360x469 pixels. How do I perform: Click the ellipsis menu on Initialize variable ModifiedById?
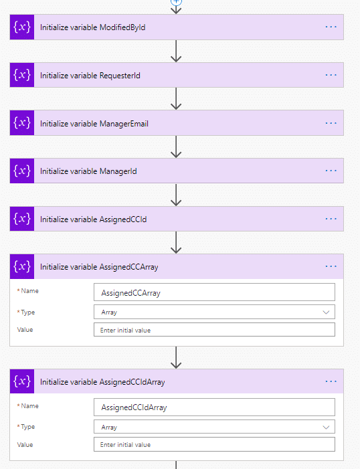pos(331,27)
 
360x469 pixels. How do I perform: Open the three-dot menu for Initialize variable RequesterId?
pos(331,75)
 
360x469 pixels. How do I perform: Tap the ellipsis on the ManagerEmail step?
pos(331,123)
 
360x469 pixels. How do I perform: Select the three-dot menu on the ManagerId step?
pos(331,171)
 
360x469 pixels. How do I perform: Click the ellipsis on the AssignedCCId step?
pos(331,219)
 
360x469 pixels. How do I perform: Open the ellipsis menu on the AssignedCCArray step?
pos(331,266)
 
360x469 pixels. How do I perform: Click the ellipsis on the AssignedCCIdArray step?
pos(331,381)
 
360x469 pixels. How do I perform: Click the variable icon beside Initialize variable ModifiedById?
pos(22,27)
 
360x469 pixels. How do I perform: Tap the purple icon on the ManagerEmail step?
pos(22,123)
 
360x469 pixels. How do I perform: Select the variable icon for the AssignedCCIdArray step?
pos(22,381)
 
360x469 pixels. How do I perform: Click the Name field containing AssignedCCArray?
pos(214,292)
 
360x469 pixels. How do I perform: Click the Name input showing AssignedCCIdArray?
pos(214,407)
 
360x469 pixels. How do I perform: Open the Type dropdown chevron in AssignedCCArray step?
pos(326,312)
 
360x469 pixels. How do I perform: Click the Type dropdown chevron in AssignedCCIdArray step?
pos(326,427)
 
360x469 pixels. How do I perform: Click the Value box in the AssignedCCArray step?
pos(214,330)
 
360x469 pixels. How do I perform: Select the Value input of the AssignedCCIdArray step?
pos(214,444)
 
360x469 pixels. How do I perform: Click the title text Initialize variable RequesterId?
pos(90,76)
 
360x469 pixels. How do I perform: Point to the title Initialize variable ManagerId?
pos(88,171)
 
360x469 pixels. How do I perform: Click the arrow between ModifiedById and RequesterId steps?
pos(176,51)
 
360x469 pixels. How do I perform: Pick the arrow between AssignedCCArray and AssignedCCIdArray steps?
pos(176,357)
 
